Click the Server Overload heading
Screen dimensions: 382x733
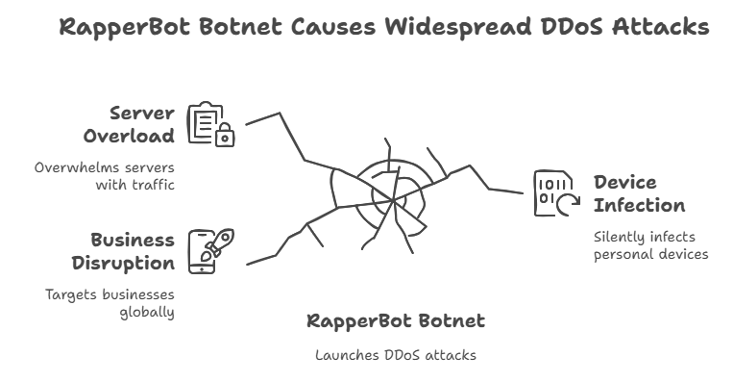134,124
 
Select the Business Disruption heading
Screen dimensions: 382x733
133,251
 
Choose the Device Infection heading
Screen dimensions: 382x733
638,193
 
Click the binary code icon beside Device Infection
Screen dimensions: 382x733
553,192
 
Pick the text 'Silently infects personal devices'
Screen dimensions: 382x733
649,245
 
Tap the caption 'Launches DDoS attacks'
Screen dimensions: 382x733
396,355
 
